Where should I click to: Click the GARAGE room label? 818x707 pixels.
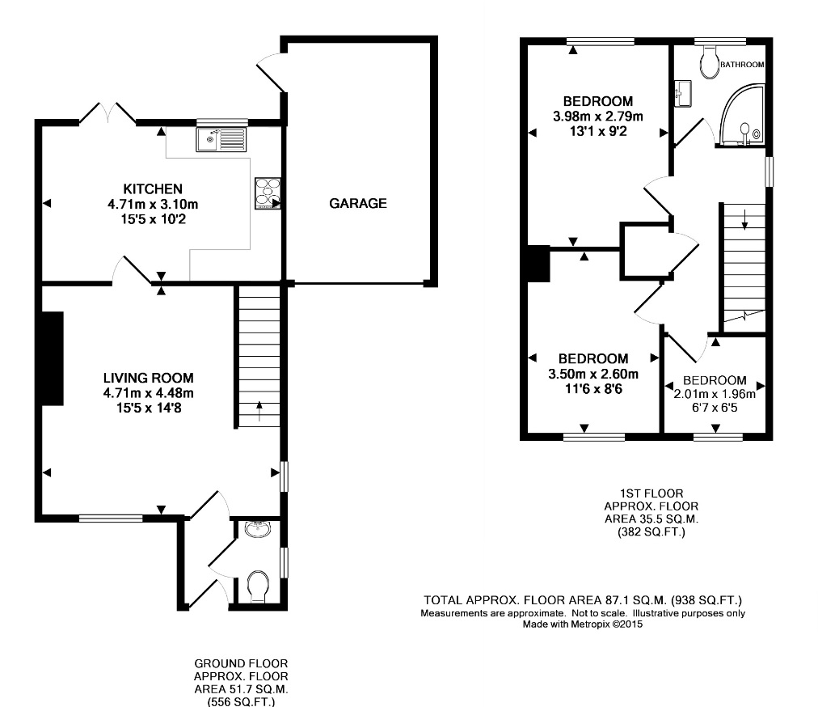[358, 203]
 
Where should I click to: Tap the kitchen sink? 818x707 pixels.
[221, 139]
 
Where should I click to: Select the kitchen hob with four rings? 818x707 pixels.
[268, 193]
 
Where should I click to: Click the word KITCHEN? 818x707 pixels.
[152, 188]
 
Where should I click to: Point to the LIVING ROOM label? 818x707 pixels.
[148, 378]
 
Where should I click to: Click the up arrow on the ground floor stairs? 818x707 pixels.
[259, 412]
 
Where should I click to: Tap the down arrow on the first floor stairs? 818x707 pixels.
[745, 218]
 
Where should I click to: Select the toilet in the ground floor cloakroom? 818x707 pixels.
[258, 587]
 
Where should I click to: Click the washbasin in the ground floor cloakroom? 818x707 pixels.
[258, 530]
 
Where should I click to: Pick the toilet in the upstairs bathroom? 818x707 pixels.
[709, 61]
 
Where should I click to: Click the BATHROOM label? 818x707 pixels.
[742, 65]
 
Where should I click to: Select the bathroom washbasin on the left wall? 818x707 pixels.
[682, 94]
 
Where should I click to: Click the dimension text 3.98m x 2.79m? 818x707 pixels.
[598, 116]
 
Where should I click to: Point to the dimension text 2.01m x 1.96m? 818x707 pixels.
[715, 394]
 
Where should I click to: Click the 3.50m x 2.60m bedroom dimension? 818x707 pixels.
[593, 374]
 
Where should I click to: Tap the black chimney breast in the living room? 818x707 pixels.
[53, 358]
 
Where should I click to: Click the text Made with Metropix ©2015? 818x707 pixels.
[583, 624]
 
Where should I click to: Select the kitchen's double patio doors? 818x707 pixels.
[108, 112]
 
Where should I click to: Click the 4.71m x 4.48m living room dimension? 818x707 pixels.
[148, 392]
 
